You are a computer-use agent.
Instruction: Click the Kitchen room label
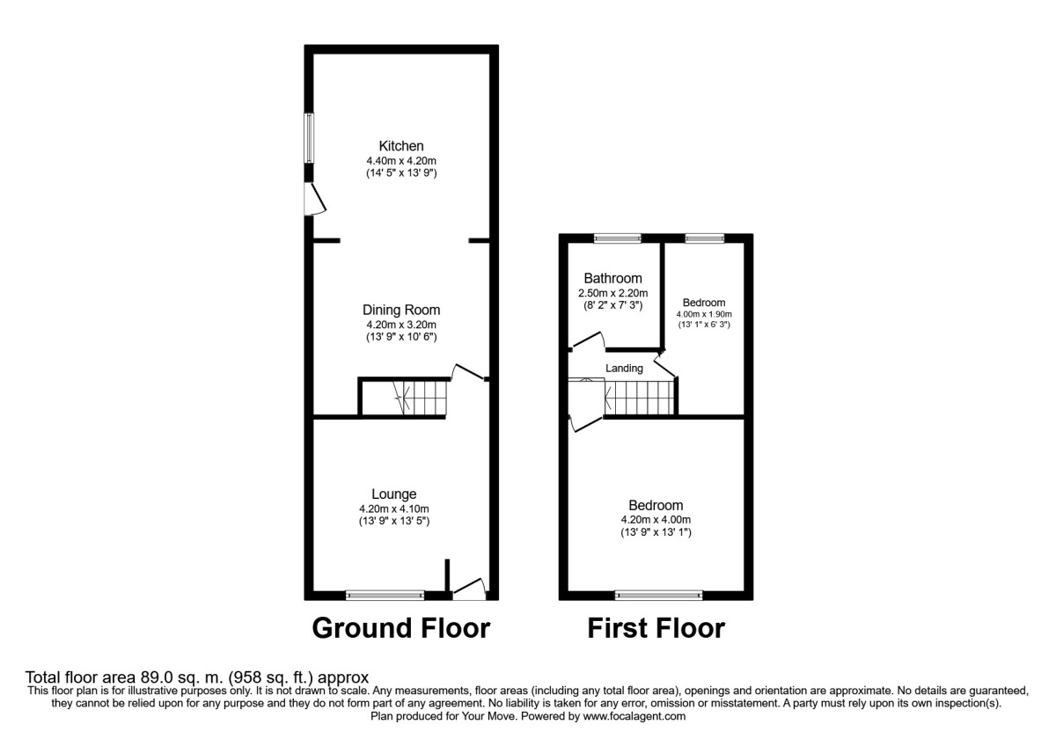[401, 146]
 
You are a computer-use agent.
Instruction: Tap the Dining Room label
[401, 310]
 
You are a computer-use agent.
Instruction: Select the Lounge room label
[393, 494]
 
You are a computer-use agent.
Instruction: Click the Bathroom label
[612, 278]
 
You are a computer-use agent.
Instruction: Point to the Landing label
[624, 368]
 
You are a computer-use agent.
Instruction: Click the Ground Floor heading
[400, 628]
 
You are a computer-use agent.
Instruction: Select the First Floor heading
[656, 628]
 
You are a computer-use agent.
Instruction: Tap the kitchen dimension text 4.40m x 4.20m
[401, 161]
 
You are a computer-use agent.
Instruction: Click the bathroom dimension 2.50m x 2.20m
[612, 293]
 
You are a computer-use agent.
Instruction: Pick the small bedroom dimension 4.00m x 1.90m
[703, 314]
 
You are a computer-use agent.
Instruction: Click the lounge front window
[385, 596]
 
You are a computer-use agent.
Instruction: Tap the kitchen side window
[309, 137]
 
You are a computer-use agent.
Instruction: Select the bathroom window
[617, 238]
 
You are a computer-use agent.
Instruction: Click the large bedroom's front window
[659, 596]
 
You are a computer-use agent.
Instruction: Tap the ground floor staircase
[409, 398]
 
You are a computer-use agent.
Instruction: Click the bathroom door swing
[586, 340]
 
